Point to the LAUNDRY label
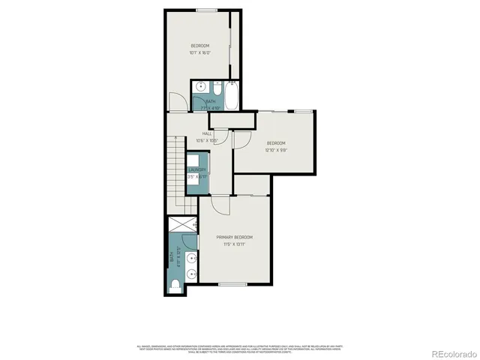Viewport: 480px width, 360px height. pyautogui.click(x=196, y=170)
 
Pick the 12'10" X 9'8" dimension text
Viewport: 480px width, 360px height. pyautogui.click(x=275, y=149)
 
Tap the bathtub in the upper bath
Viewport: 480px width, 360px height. pyautogui.click(x=231, y=95)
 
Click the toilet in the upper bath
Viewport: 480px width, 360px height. pyautogui.click(x=216, y=87)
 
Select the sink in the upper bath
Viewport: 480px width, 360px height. pyautogui.click(x=199, y=88)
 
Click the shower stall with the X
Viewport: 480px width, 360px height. pyautogui.click(x=181, y=224)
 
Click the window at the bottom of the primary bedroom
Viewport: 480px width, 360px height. pyautogui.click(x=232, y=284)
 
